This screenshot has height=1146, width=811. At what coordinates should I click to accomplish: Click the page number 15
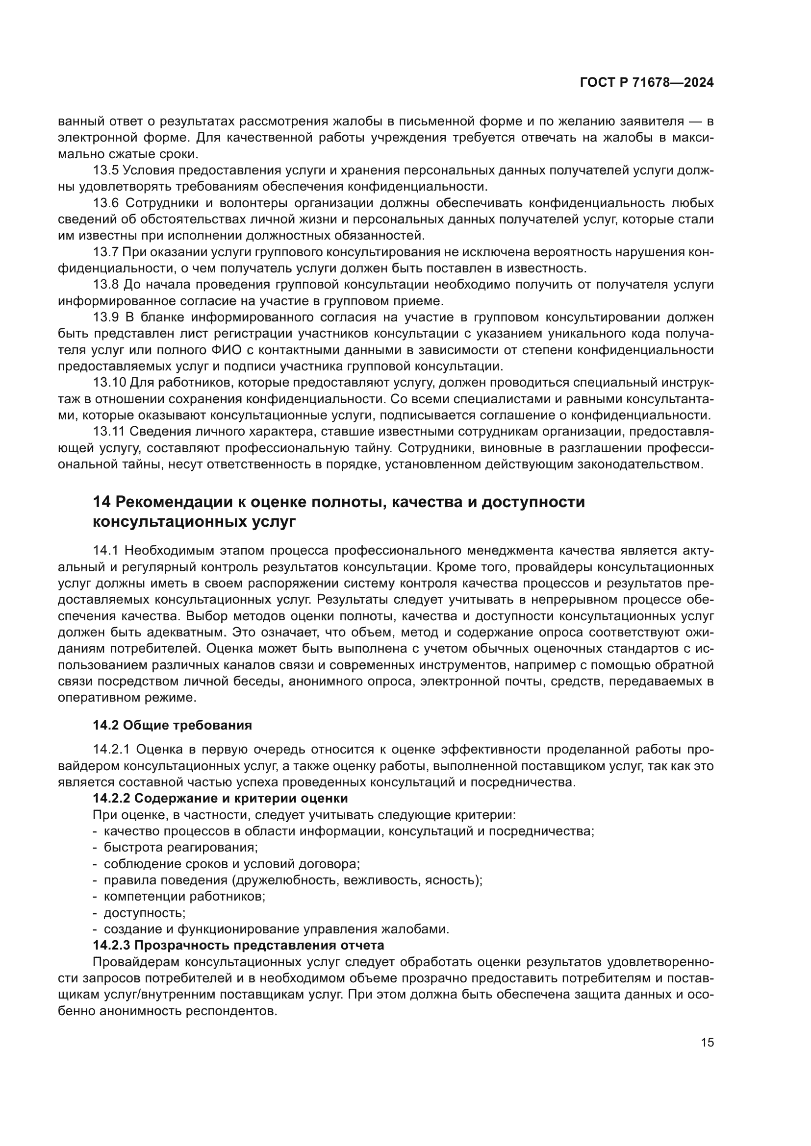pos(707,1043)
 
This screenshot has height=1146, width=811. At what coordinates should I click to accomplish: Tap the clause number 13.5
pos(105,170)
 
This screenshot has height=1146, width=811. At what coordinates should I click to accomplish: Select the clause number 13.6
pos(105,203)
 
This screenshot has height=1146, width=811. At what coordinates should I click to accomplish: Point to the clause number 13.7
pos(105,252)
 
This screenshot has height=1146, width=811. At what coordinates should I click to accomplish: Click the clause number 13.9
pos(105,317)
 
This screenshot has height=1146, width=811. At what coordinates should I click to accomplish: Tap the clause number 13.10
pos(109,383)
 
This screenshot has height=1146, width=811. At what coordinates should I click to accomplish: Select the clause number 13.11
pos(109,432)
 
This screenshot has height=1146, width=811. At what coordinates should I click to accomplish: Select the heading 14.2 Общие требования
pos(172,725)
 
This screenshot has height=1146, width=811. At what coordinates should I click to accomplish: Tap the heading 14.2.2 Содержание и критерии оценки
pos(220,798)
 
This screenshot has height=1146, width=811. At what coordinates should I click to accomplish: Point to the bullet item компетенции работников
pos(184,897)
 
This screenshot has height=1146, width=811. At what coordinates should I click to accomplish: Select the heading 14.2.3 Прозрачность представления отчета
pos(239,945)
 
